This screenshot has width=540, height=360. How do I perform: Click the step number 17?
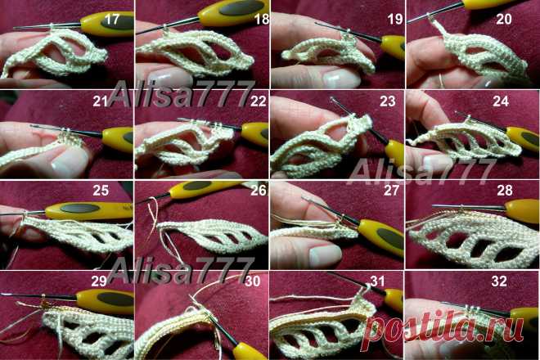111,20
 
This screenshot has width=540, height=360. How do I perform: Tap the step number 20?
504,19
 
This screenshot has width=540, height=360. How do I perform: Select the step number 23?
388,101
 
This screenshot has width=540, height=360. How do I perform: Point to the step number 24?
501,101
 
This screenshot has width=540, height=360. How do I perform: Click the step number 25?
101,190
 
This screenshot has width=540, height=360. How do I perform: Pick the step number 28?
505,190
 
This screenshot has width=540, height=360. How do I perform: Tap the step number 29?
99,281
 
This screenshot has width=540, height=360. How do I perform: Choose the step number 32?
499,281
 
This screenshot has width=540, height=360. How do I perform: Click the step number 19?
395,19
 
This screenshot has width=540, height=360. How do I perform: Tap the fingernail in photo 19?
342,79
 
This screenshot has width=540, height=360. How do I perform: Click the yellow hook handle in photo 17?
107,24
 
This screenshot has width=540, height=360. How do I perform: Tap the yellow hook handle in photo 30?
247,351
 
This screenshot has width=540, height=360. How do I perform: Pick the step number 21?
100,101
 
